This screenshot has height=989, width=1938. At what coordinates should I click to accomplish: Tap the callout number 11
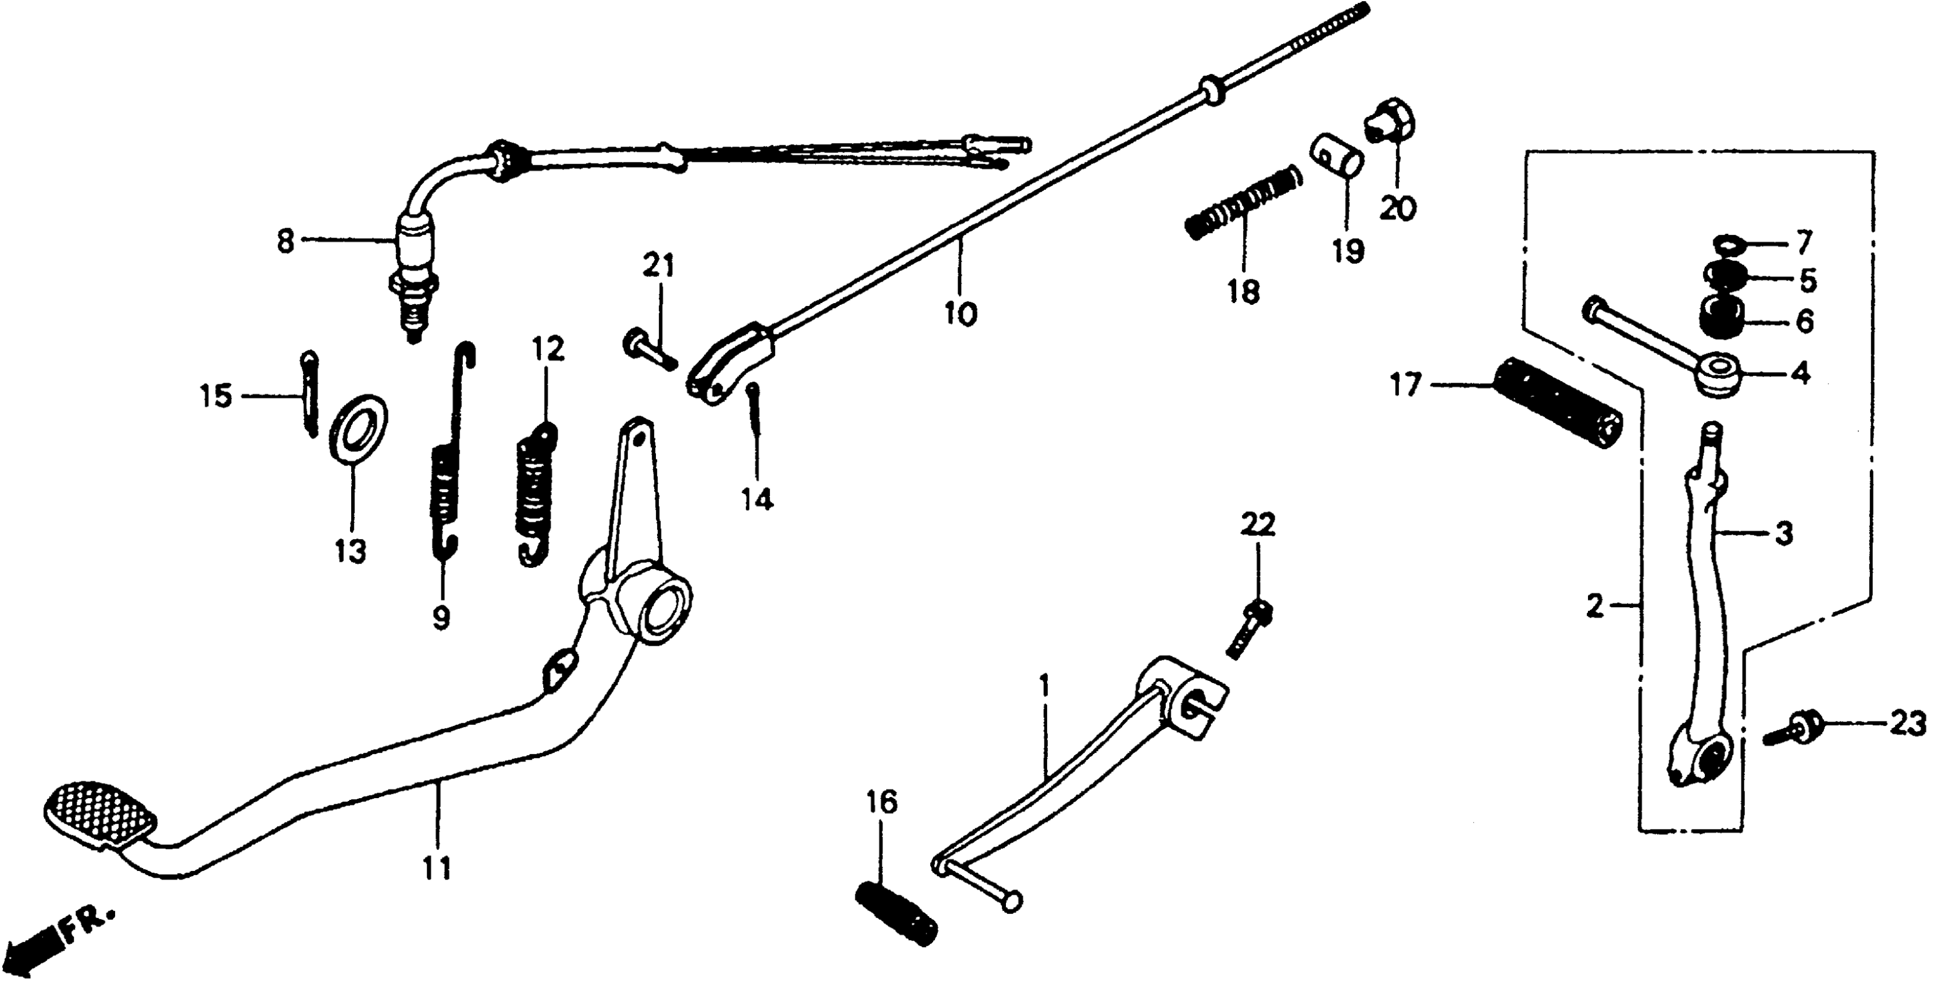point(436,868)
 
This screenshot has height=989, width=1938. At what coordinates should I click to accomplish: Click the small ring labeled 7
point(1726,243)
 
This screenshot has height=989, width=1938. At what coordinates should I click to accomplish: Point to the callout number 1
point(1044,686)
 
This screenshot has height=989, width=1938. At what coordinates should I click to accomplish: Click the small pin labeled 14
point(755,415)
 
